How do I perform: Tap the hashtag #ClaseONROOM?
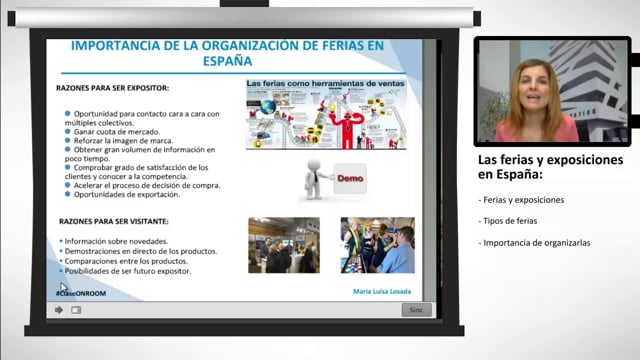[x=82, y=293]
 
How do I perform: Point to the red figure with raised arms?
[x=346, y=127]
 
